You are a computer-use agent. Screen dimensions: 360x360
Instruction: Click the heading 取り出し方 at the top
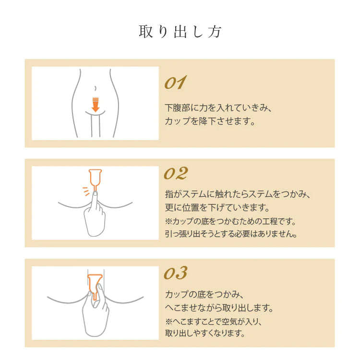click(180, 32)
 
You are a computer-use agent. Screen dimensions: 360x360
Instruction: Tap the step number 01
click(175, 83)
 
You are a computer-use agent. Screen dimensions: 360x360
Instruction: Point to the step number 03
click(176, 273)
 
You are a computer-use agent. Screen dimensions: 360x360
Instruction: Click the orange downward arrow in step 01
click(96, 105)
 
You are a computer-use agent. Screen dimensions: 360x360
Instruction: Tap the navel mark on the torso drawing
click(95, 88)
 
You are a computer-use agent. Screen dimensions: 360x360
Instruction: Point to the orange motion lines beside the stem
click(86, 191)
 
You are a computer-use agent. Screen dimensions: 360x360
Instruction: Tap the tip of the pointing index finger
click(95, 193)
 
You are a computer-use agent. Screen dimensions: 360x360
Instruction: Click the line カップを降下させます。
click(210, 121)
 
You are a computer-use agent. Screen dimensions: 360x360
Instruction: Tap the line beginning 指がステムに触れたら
click(238, 194)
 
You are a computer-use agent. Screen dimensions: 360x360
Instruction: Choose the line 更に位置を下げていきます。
click(217, 207)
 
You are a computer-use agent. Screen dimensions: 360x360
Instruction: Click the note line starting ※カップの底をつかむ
click(230, 221)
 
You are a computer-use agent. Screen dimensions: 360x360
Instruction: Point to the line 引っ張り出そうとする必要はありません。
click(231, 234)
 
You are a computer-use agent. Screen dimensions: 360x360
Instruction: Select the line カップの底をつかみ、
click(204, 294)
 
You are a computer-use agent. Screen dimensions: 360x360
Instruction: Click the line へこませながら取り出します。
click(219, 307)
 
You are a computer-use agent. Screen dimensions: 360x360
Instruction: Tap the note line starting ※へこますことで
click(214, 322)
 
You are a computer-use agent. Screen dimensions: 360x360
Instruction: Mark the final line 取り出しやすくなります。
click(205, 333)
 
